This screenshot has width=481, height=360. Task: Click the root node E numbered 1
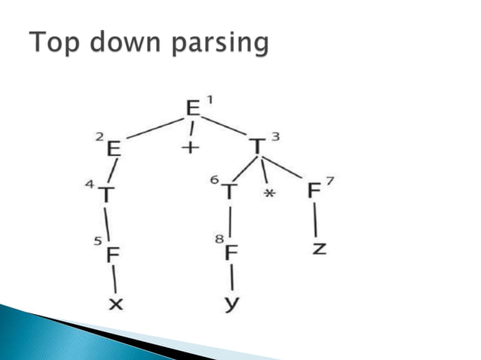coord(194,108)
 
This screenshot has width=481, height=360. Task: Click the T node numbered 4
coord(108,196)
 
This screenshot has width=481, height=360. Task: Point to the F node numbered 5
coord(113,255)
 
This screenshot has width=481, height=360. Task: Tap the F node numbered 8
coord(231,252)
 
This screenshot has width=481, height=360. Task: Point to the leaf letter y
coord(231,304)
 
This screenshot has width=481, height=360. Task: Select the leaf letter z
coord(319,248)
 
